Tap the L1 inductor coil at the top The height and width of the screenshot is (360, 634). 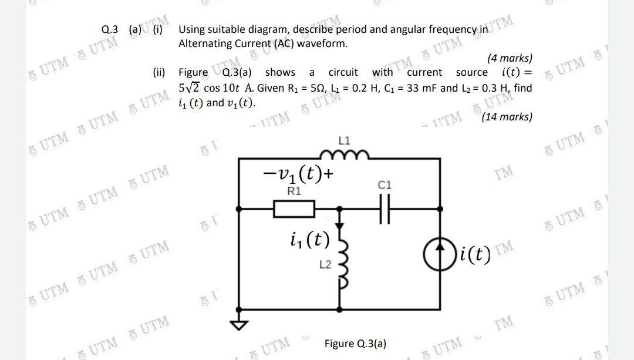point(344,155)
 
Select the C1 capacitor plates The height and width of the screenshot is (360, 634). point(385,208)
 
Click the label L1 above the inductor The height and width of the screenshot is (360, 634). point(345,141)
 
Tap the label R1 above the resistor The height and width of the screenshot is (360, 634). point(295,191)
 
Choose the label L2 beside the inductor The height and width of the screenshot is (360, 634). point(324,265)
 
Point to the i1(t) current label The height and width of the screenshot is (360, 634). point(309,240)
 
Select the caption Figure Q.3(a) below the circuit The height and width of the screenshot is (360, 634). point(355,343)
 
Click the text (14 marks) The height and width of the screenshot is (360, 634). point(507,117)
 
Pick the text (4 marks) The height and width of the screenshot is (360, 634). point(510,58)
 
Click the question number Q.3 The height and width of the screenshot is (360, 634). point(110,28)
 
